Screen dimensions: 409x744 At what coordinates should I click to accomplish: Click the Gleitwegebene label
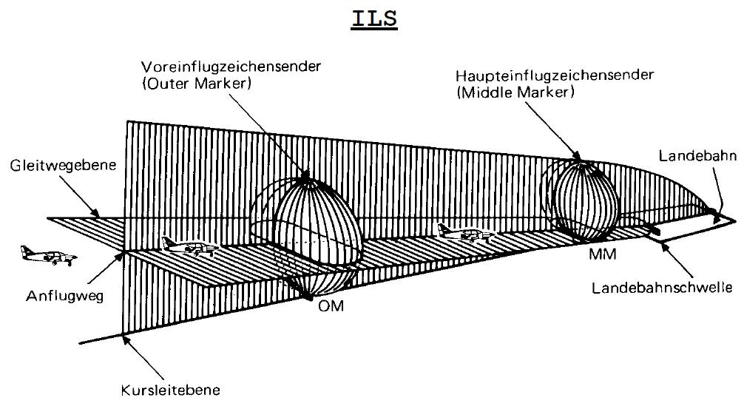click(58, 167)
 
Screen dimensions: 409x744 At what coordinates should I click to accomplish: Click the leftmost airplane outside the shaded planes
click(47, 255)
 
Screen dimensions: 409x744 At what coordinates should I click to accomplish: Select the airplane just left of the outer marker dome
click(189, 246)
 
